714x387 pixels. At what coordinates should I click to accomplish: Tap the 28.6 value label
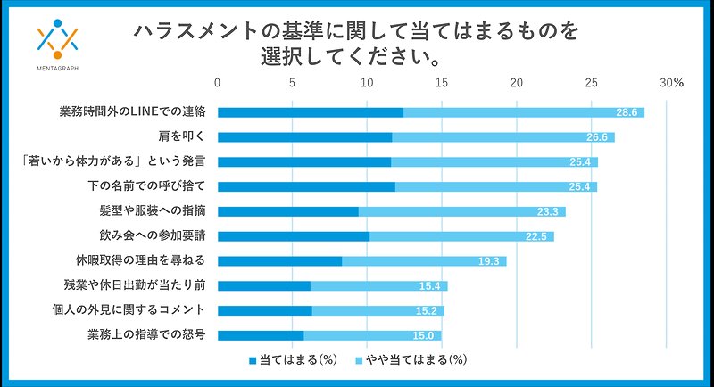click(627, 112)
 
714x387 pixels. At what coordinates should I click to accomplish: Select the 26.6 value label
click(597, 137)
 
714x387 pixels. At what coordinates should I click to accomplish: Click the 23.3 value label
click(548, 211)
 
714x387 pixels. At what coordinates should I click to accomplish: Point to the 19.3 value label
click(488, 261)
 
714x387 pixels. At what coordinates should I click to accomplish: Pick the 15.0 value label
click(424, 336)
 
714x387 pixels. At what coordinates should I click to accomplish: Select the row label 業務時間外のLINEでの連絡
click(133, 111)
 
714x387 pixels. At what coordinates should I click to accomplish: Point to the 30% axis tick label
click(671, 83)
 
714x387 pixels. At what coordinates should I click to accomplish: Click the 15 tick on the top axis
click(442, 83)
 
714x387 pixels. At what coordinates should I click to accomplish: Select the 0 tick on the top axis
click(218, 83)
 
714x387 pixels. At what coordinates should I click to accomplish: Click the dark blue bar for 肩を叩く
click(304, 137)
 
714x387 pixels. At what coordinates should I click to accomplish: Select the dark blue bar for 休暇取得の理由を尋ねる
click(279, 261)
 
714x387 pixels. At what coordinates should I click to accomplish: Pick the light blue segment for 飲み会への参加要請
click(461, 236)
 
